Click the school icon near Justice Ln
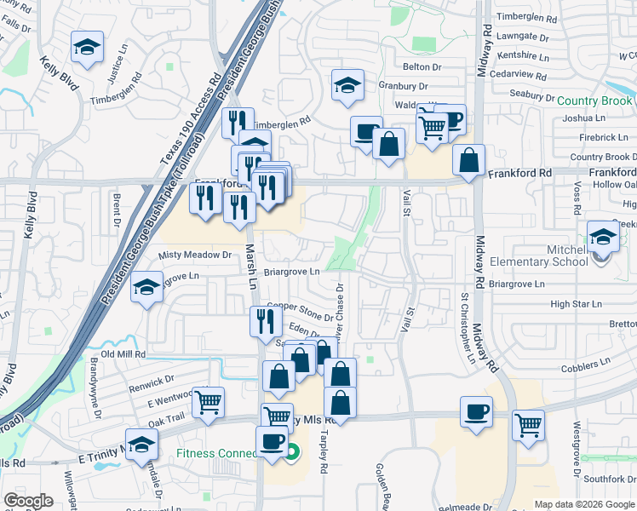(86, 49)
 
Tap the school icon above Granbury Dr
(347, 85)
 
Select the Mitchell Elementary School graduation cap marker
(603, 238)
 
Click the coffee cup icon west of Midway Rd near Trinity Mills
(476, 412)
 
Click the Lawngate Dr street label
(523, 37)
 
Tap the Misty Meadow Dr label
(196, 255)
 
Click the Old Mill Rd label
(123, 353)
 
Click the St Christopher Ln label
(467, 329)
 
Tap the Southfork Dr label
(605, 478)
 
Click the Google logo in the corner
(28, 501)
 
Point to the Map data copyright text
(583, 504)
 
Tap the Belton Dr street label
(422, 66)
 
